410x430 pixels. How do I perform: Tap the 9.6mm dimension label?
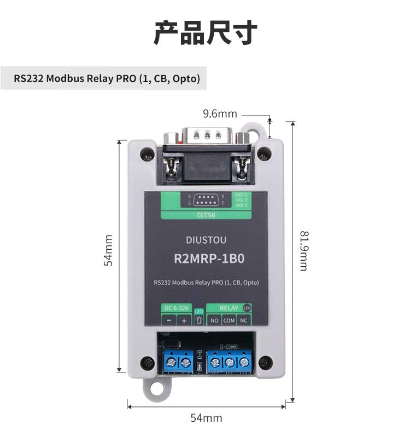[220, 114]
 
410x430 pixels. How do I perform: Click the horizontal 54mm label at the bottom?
[206, 417]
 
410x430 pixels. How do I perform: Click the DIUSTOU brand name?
[206, 240]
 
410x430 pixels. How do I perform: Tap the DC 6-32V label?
[176, 308]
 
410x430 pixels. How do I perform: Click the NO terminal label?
[214, 320]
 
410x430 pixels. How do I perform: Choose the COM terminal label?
[229, 320]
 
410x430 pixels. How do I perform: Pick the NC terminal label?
[244, 320]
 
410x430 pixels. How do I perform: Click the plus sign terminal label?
[184, 320]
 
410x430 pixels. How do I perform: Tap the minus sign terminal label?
[169, 320]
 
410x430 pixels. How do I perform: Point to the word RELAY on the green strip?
[229, 308]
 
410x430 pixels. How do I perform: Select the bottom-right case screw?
[265, 362]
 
